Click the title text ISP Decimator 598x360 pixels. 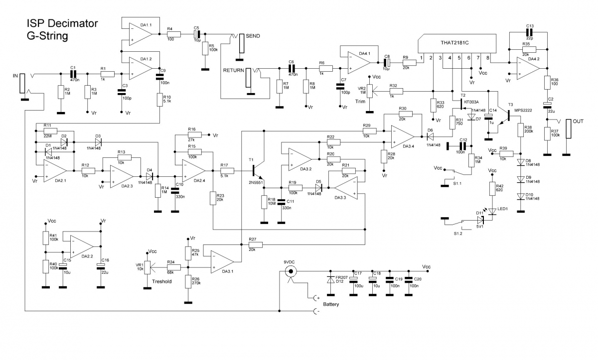tap(62, 23)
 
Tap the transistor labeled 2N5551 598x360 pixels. tap(257, 171)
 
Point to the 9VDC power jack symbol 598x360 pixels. tap(290, 271)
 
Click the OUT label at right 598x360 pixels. tap(578, 121)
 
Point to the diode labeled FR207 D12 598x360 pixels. tap(330, 282)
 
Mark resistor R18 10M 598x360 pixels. tap(264, 202)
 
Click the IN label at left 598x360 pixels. tap(15, 76)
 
